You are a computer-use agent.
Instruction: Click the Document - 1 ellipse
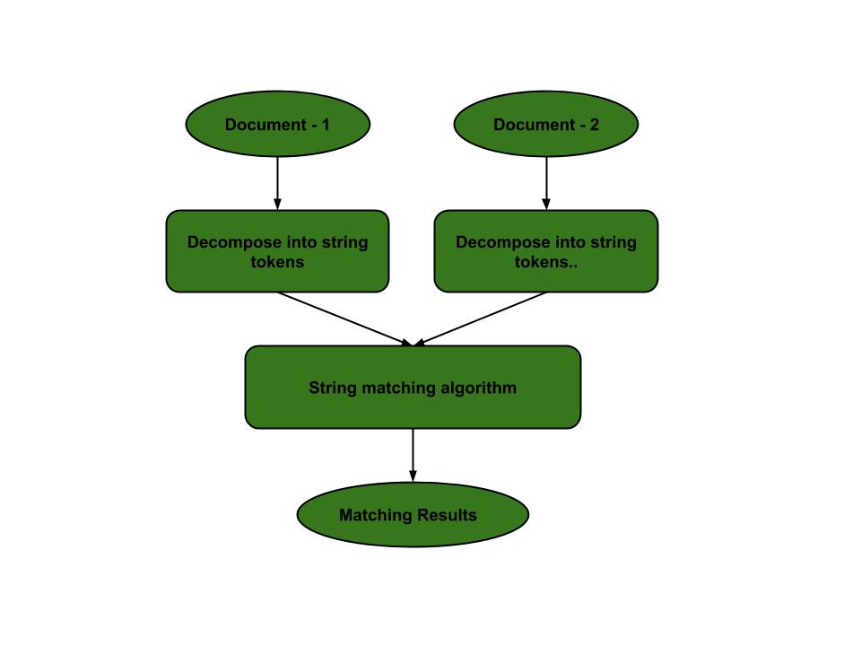pyautogui.click(x=277, y=125)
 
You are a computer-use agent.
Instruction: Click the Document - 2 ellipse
pyautogui.click(x=545, y=125)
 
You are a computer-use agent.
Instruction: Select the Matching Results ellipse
pyautogui.click(x=413, y=515)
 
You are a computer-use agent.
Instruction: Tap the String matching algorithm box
pyautogui.click(x=413, y=388)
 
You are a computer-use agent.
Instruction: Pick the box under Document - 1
pyautogui.click(x=277, y=252)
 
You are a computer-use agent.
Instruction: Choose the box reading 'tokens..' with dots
pyautogui.click(x=545, y=252)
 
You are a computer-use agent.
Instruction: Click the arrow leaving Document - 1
pyautogui.click(x=277, y=184)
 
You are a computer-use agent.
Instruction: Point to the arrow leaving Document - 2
pyautogui.click(x=545, y=184)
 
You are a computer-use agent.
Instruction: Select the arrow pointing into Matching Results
pyautogui.click(x=413, y=456)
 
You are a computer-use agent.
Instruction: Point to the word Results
pyautogui.click(x=448, y=515)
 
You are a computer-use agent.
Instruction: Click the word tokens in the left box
pyautogui.click(x=277, y=262)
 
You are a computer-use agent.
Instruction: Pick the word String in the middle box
pyautogui.click(x=332, y=388)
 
